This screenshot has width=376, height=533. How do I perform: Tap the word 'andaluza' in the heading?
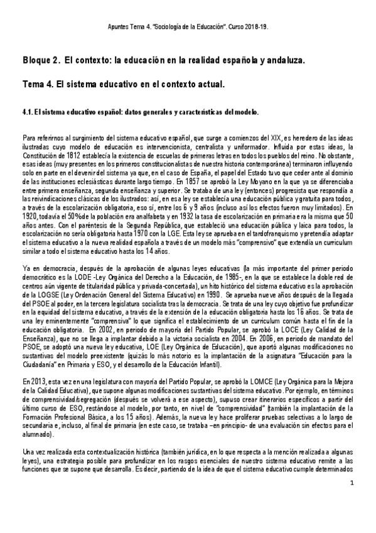pos(279,61)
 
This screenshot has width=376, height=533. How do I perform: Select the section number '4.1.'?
pos(31,112)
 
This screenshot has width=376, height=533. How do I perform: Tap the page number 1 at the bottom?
pos(353,483)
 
